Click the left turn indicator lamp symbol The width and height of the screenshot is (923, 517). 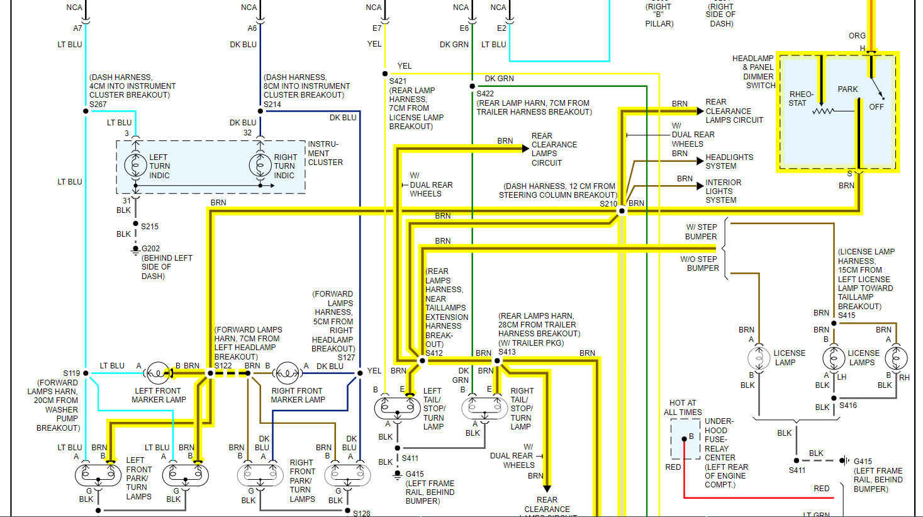pos(135,166)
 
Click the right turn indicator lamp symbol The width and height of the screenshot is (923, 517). pos(260,166)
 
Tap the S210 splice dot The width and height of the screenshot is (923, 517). pos(622,210)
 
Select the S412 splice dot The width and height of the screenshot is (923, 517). pos(422,361)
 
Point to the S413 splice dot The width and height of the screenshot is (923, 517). pos(497,361)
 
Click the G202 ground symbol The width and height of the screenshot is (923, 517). pos(135,250)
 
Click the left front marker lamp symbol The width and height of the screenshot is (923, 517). pos(157,373)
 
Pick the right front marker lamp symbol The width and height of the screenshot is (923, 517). pos(288,373)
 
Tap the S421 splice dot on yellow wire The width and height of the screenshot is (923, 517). pos(385,74)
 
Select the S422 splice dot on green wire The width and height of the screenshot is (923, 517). pos(473,86)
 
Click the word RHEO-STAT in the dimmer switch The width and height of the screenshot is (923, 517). pos(801,98)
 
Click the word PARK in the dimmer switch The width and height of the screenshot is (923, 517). pos(847,89)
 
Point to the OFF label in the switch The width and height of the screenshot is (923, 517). pos(876,107)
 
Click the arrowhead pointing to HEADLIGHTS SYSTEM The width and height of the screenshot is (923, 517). pos(700,161)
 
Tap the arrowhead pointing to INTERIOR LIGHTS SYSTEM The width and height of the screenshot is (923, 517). pos(700,186)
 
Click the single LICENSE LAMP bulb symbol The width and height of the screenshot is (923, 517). pos(759,358)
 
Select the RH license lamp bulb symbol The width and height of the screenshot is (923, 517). pos(896,358)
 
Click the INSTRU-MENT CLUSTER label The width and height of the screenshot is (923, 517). pos(325,153)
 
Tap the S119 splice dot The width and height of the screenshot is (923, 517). pos(86,373)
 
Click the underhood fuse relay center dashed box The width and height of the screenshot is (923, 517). pos(685,439)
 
